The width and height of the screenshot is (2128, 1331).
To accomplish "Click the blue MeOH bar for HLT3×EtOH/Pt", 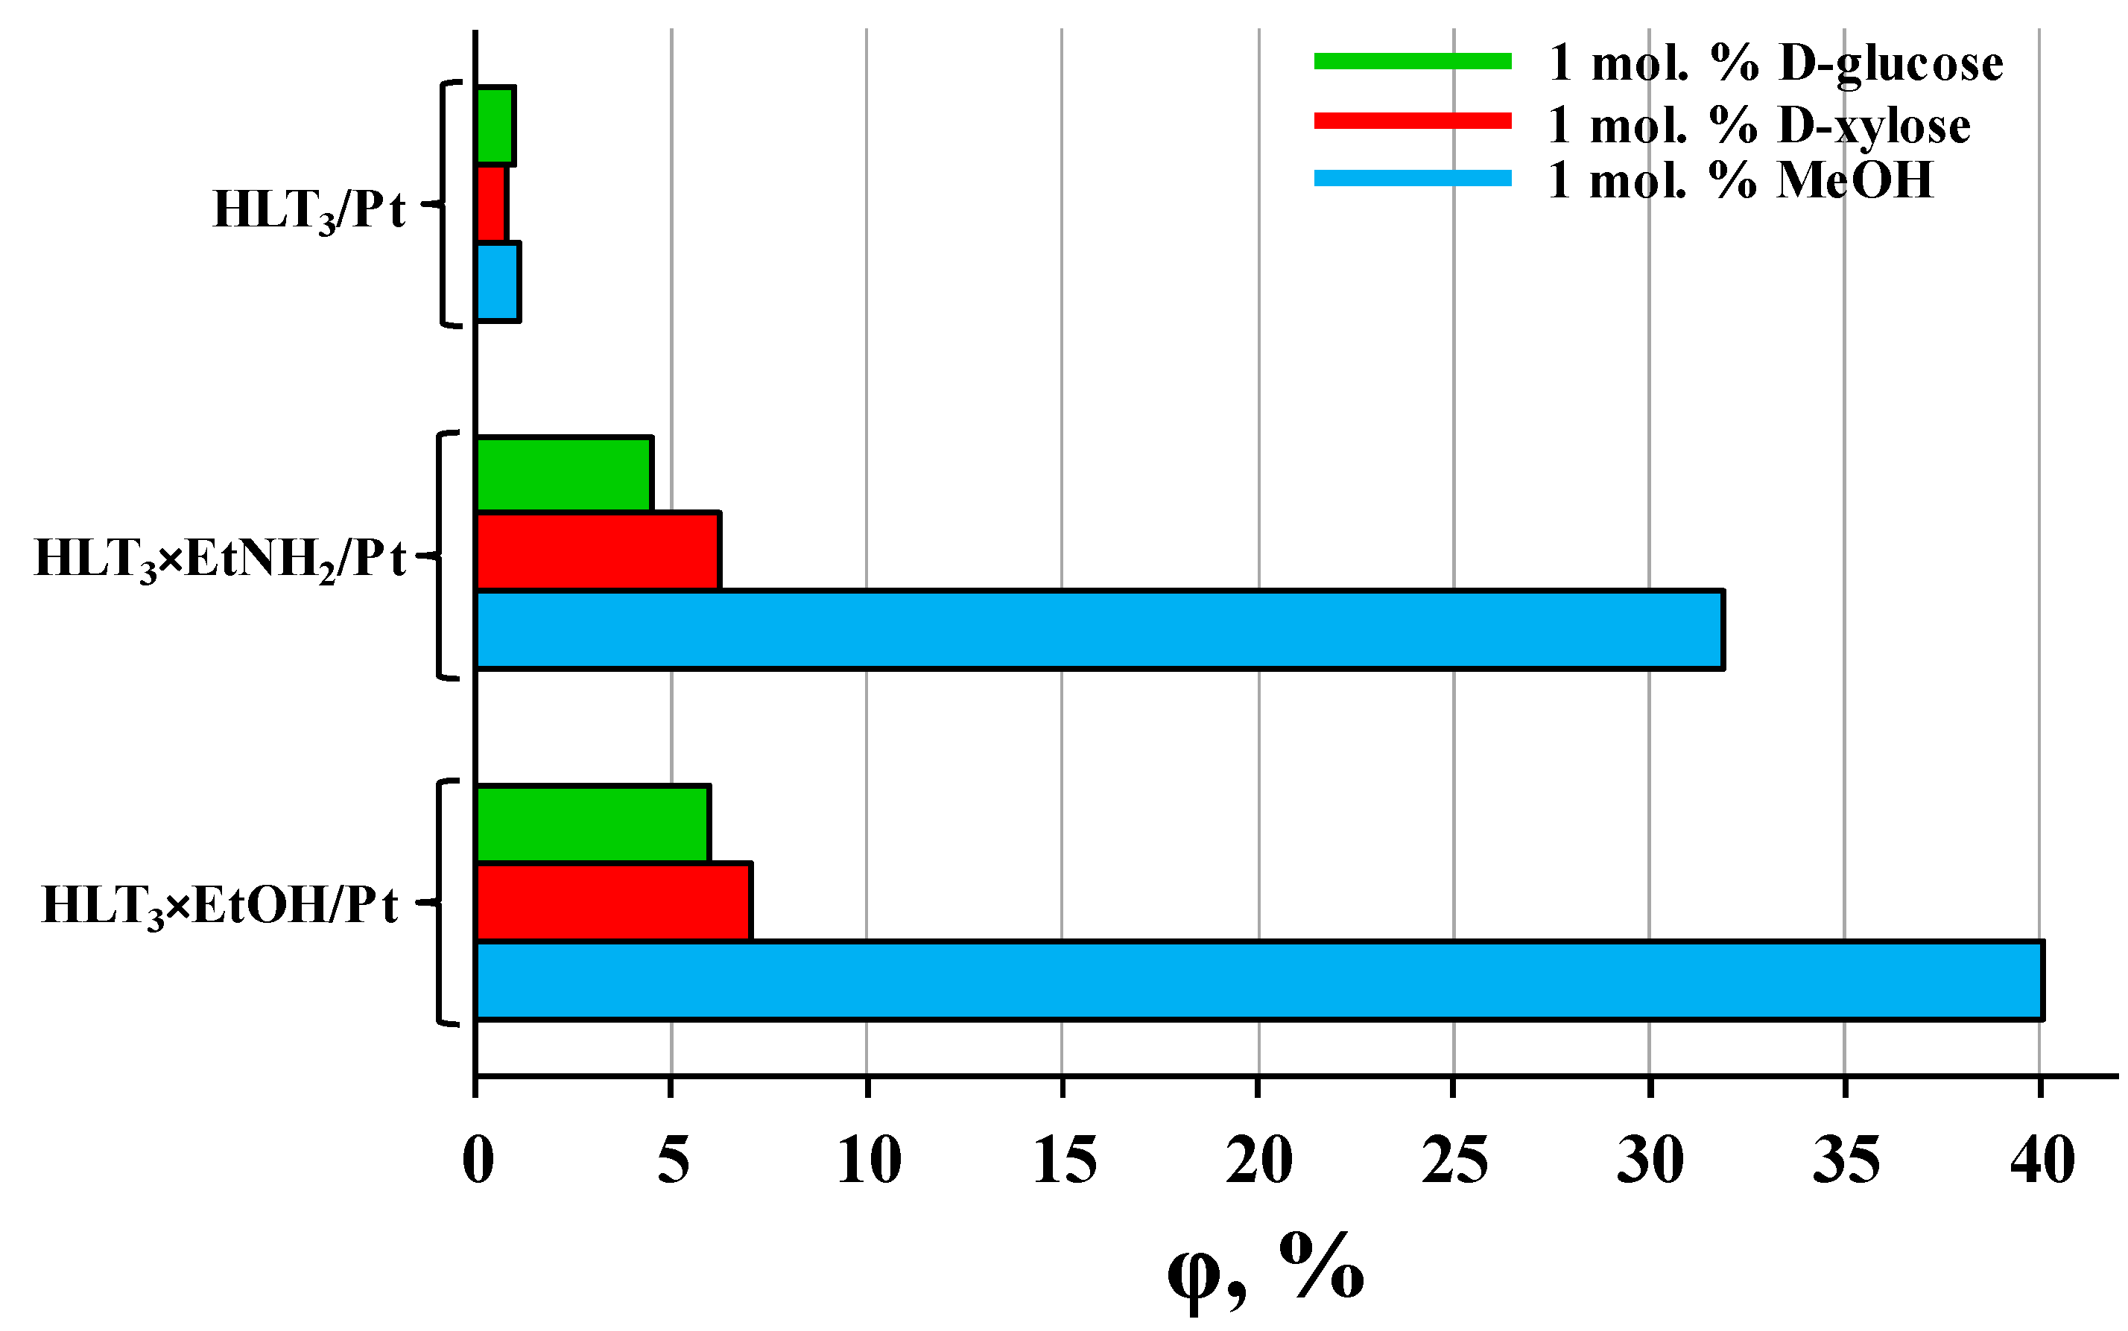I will point(1259,981).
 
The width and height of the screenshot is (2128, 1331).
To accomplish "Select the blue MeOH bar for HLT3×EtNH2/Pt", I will point(1099,629).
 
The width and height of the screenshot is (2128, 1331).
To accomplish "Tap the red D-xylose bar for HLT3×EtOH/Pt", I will point(614,901).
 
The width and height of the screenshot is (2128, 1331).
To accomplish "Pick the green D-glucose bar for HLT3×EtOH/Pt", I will point(592,823).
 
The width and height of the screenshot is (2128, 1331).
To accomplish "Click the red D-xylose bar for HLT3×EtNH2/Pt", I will point(598,550).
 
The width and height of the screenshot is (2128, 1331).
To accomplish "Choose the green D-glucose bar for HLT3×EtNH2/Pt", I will point(564,474).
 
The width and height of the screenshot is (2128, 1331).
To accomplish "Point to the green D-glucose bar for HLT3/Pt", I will point(495,125).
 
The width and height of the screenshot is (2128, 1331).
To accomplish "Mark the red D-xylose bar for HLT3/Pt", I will point(491,203).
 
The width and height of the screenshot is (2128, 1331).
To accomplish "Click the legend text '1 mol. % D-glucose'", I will point(1775,63).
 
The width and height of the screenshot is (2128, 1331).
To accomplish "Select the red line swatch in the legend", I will point(1412,121).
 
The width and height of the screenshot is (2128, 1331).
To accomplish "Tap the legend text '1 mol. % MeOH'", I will point(1740,180).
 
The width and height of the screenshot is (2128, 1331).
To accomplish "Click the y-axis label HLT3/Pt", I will point(309,209).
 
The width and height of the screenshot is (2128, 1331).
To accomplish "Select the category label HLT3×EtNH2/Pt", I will point(220,558).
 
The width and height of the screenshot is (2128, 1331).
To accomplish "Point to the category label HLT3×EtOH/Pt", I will point(220,905).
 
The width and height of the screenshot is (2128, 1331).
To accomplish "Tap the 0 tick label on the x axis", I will point(477,1160).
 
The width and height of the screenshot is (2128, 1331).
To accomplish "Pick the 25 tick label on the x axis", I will point(1454,1160).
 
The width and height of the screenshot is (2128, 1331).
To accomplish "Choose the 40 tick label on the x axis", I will point(2042,1160).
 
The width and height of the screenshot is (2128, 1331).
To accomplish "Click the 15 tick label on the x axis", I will point(1063,1160).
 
